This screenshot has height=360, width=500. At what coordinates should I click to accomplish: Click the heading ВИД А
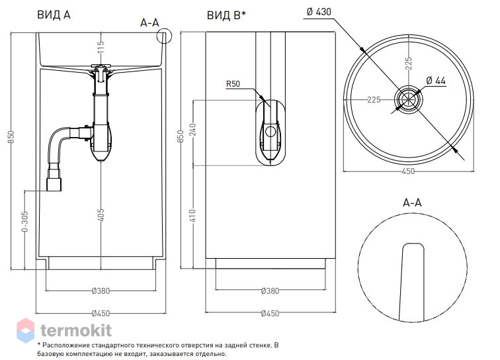tap(54, 15)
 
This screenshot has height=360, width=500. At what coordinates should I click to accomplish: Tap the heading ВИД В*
tap(226, 15)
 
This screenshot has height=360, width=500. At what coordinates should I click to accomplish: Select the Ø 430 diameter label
tap(319, 12)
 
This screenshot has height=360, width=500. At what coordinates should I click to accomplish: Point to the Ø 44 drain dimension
tap(436, 81)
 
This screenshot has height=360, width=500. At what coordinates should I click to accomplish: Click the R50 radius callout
tap(233, 84)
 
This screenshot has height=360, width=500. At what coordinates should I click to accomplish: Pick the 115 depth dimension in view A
tap(101, 47)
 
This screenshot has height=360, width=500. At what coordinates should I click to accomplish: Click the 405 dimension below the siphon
tap(101, 214)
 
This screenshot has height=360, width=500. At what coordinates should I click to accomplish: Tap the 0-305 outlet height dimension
tap(24, 221)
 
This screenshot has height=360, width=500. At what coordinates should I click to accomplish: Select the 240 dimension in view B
tap(193, 130)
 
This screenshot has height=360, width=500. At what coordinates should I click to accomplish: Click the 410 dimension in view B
tap(193, 216)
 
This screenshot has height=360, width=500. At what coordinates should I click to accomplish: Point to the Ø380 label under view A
tap(101, 291)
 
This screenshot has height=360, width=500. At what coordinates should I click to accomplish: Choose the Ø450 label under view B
tap(270, 314)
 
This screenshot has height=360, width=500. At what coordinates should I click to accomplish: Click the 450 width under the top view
tap(408, 171)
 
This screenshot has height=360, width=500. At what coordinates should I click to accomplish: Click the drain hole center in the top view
tap(409, 99)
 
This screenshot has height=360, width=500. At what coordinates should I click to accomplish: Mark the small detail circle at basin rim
tap(164, 36)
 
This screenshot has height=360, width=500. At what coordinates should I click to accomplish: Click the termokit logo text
tap(76, 330)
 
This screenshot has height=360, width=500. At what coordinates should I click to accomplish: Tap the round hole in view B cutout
tap(271, 131)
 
